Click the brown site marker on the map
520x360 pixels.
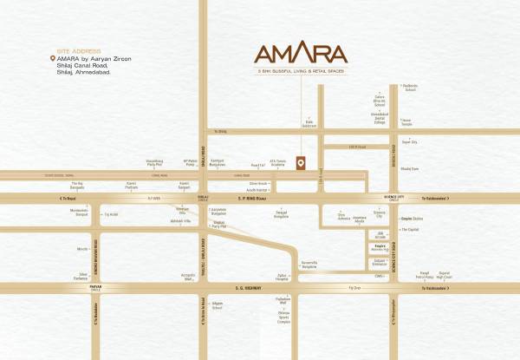click(x=300, y=162)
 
